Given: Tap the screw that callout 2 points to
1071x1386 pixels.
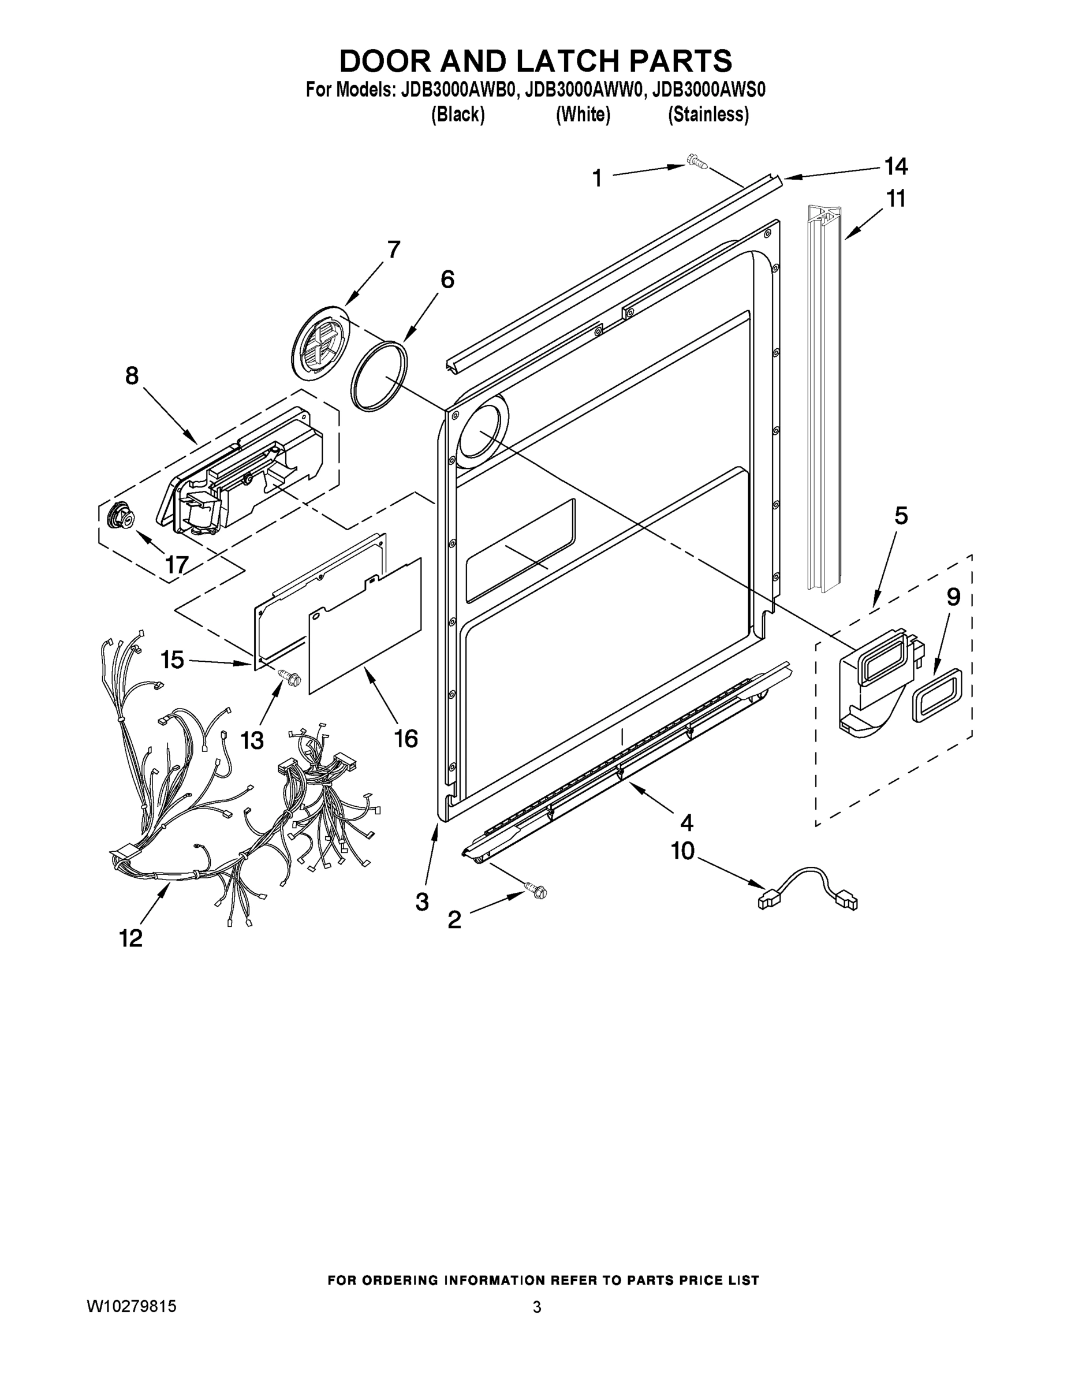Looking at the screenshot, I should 535,891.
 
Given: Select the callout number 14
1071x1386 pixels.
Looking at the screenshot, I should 895,167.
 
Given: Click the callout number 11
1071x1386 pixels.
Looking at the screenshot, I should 895,199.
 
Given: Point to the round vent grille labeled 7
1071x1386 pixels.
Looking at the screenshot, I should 320,344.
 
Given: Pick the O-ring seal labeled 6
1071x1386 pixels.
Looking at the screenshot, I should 379,377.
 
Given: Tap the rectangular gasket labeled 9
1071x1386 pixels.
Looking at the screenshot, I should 937,695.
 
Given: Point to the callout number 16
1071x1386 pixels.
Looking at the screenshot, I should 405,738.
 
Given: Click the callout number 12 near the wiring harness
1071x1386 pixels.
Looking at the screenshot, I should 130,938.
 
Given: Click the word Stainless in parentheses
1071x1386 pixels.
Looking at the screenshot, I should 708,115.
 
